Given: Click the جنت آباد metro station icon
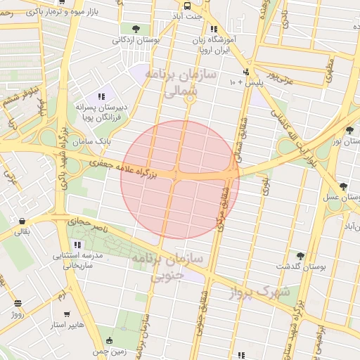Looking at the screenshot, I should click(187, 5).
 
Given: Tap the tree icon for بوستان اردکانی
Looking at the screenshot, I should click(135, 29).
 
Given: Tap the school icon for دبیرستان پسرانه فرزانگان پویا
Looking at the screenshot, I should click(102, 96).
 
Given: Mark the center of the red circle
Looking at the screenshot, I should click(180, 180).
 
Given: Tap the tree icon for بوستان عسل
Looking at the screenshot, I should click(342, 186).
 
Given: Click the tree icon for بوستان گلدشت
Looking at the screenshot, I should click(300, 257).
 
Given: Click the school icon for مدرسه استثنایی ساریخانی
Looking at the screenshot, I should click(77, 245).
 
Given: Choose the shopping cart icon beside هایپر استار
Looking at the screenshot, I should click(67, 314).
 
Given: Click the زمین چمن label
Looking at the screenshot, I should click(112, 351).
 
